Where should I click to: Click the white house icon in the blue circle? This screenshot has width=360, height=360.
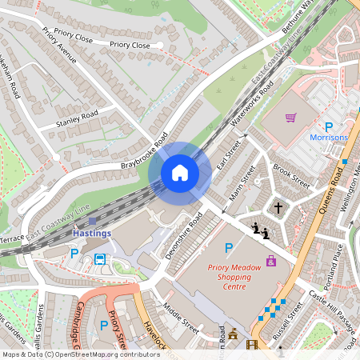(x=180, y=172)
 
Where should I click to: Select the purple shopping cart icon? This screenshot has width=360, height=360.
(x=290, y=118)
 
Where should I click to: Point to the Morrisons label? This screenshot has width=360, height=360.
(x=329, y=138)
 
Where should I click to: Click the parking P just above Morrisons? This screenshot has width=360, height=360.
(x=328, y=126)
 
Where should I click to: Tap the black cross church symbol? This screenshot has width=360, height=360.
(x=278, y=208)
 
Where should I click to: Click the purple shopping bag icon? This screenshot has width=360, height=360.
(x=271, y=260)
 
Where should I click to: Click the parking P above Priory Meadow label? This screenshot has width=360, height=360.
(x=229, y=249)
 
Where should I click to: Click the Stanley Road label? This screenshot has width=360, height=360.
(x=77, y=119)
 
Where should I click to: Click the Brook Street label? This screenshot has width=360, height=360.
(x=290, y=175)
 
